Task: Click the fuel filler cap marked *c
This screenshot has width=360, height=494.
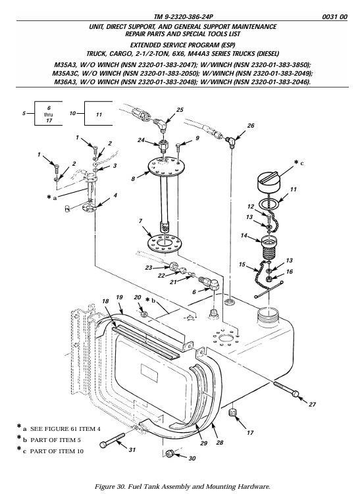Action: [268, 182]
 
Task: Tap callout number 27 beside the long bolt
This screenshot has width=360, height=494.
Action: [312, 404]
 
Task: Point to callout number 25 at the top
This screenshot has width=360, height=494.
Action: [180, 110]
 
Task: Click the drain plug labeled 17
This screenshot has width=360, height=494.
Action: [232, 412]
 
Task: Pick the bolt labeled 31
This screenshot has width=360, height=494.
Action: [112, 441]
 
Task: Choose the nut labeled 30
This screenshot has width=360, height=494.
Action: [169, 454]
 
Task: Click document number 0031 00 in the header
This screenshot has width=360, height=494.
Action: [334, 17]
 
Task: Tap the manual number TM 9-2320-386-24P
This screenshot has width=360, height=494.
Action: [181, 17]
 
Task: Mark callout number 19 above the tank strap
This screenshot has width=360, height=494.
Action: [119, 297]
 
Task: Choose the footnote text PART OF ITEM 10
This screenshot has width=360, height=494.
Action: [57, 451]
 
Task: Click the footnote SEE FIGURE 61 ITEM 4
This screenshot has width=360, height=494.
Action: [65, 429]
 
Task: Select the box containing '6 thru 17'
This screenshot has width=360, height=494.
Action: [48, 113]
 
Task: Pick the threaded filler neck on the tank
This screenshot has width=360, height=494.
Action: [268, 316]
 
